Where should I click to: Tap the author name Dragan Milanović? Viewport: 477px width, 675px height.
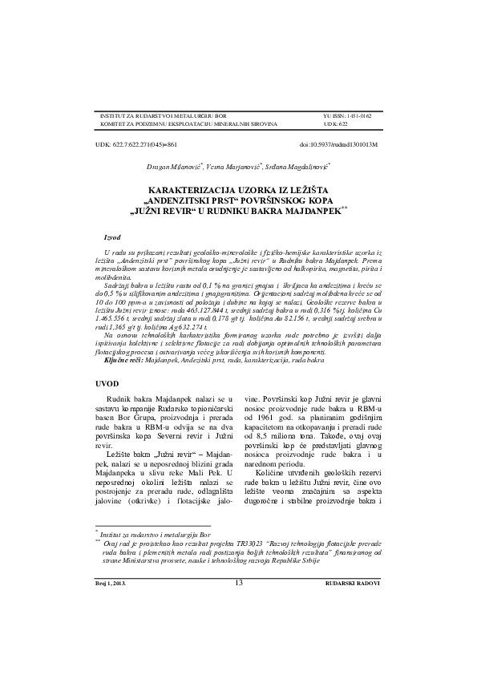173,168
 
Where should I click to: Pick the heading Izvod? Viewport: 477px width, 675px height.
113,238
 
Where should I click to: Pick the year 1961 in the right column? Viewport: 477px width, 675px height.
281,418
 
